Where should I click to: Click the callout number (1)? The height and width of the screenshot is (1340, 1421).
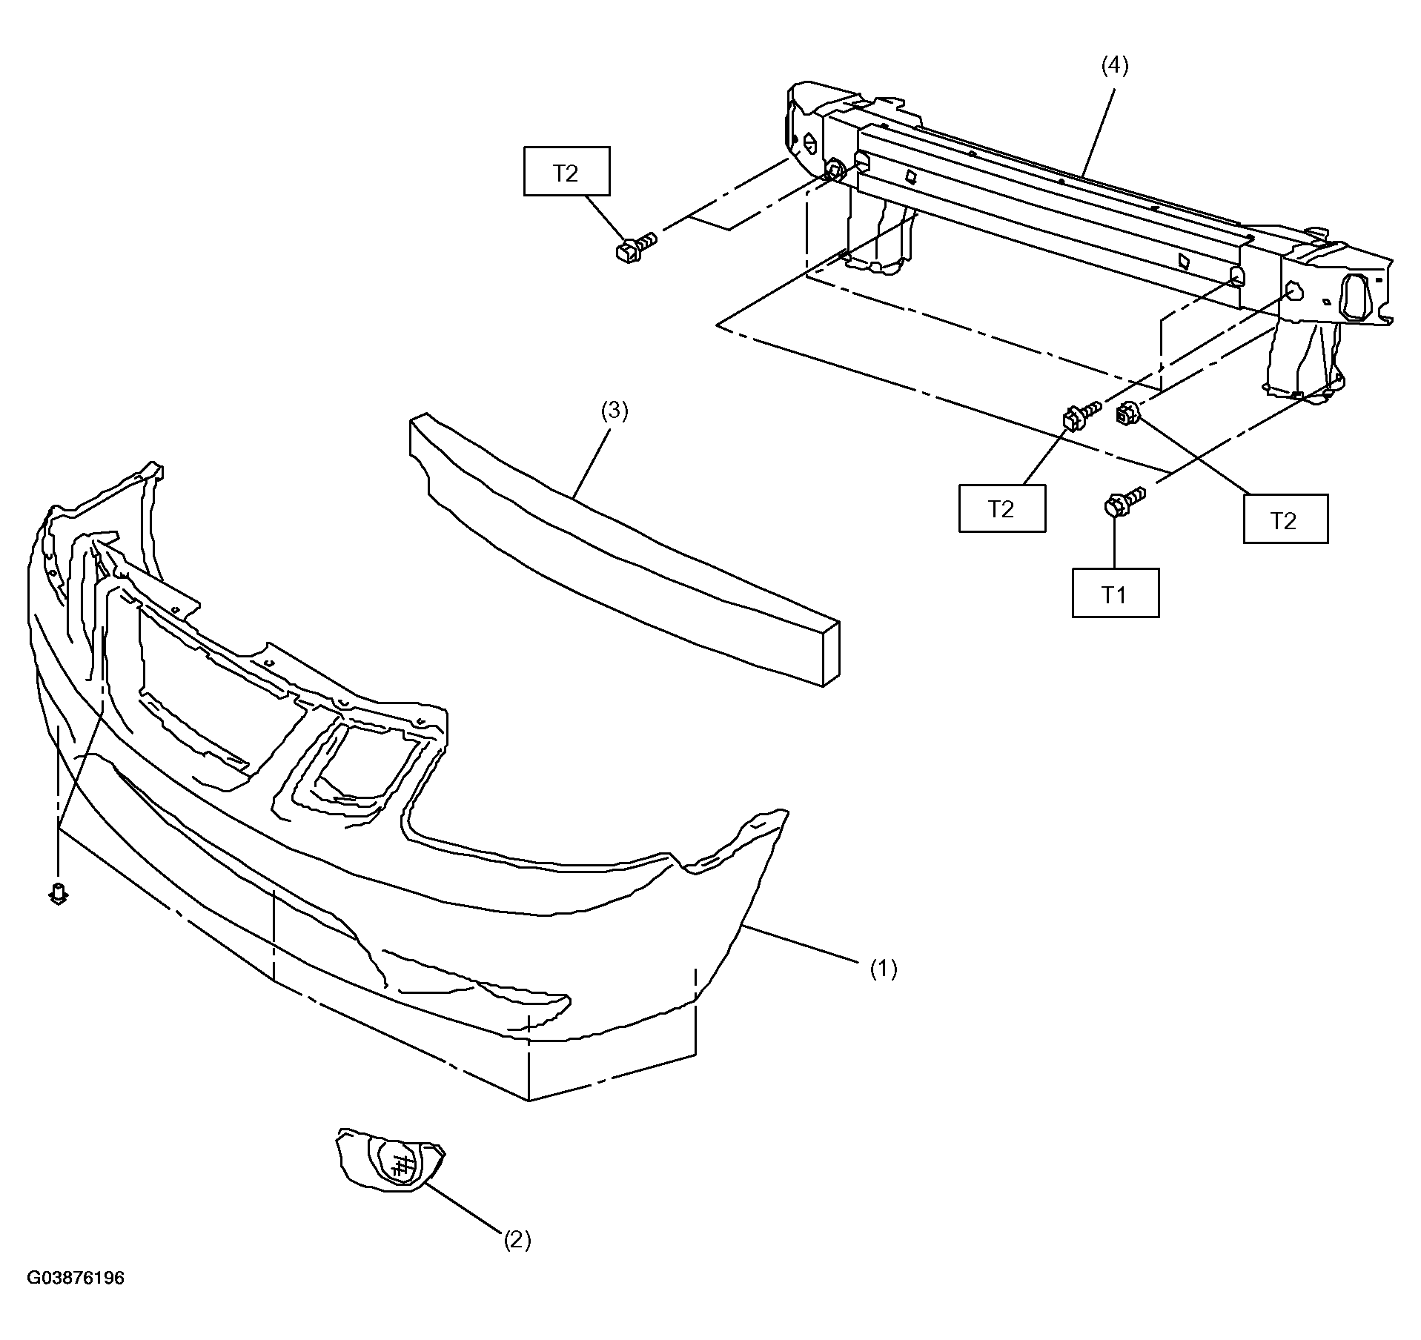(x=883, y=969)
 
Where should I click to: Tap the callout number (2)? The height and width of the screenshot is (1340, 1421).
(x=517, y=1239)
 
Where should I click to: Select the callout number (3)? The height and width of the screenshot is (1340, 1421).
(x=615, y=411)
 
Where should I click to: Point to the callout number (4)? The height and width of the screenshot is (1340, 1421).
(x=1114, y=66)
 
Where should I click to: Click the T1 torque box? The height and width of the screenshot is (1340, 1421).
(x=1116, y=593)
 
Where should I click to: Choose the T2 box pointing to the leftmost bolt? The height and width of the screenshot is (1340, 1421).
(x=567, y=171)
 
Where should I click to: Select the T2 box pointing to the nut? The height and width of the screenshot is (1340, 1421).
(x=1285, y=519)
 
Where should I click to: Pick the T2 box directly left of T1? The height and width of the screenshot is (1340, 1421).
(x=1002, y=508)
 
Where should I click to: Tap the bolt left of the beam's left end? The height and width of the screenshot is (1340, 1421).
(x=636, y=247)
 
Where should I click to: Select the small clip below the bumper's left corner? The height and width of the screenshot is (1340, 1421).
(x=58, y=894)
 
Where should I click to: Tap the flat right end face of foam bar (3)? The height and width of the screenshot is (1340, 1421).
(x=832, y=653)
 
